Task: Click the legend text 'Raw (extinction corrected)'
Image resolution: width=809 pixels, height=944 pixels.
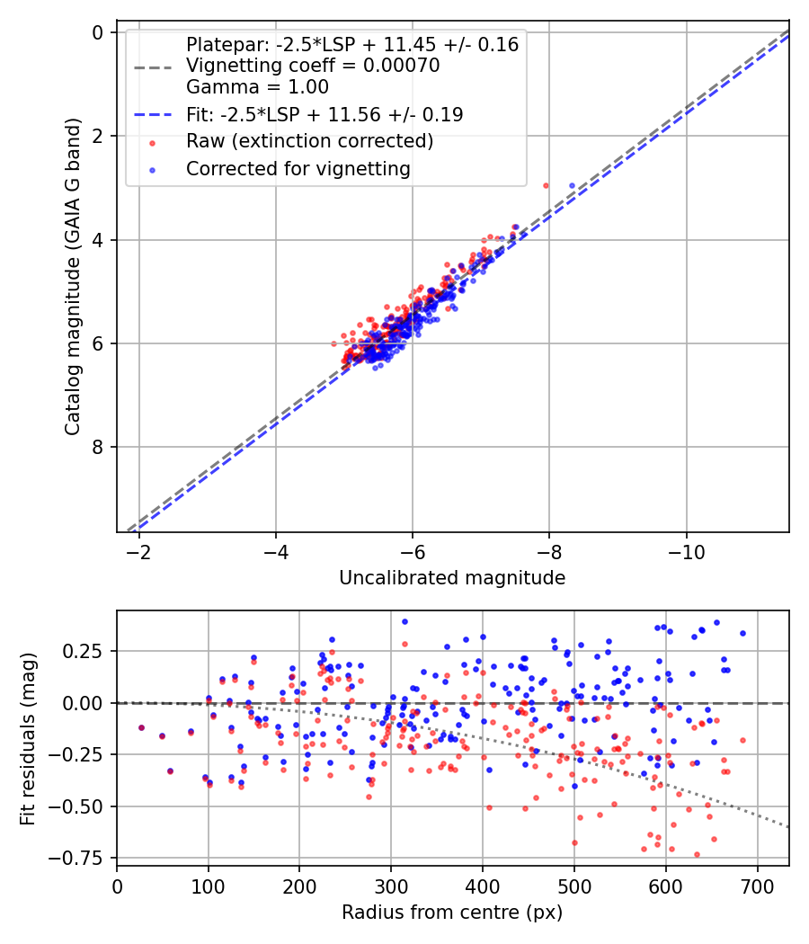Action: point(309,141)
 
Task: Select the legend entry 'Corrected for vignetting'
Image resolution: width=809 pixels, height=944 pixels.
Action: point(298,168)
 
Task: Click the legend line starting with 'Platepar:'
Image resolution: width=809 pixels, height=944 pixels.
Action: point(351,45)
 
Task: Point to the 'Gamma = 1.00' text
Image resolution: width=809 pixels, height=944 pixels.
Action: point(257,87)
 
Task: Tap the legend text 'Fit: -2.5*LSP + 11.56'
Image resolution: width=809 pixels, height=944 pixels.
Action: point(324,114)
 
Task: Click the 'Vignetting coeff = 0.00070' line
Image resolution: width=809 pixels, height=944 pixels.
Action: point(312,66)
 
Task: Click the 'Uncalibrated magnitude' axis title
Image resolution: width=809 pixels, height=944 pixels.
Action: point(452,578)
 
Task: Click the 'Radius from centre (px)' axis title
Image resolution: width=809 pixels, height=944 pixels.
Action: point(452,913)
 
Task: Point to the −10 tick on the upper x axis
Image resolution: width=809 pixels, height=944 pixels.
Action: point(686,550)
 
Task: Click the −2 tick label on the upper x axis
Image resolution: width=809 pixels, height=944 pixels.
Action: point(138,550)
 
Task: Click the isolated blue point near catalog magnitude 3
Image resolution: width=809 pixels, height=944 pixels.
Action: point(572,185)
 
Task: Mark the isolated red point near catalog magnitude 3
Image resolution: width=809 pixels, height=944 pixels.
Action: point(546,185)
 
